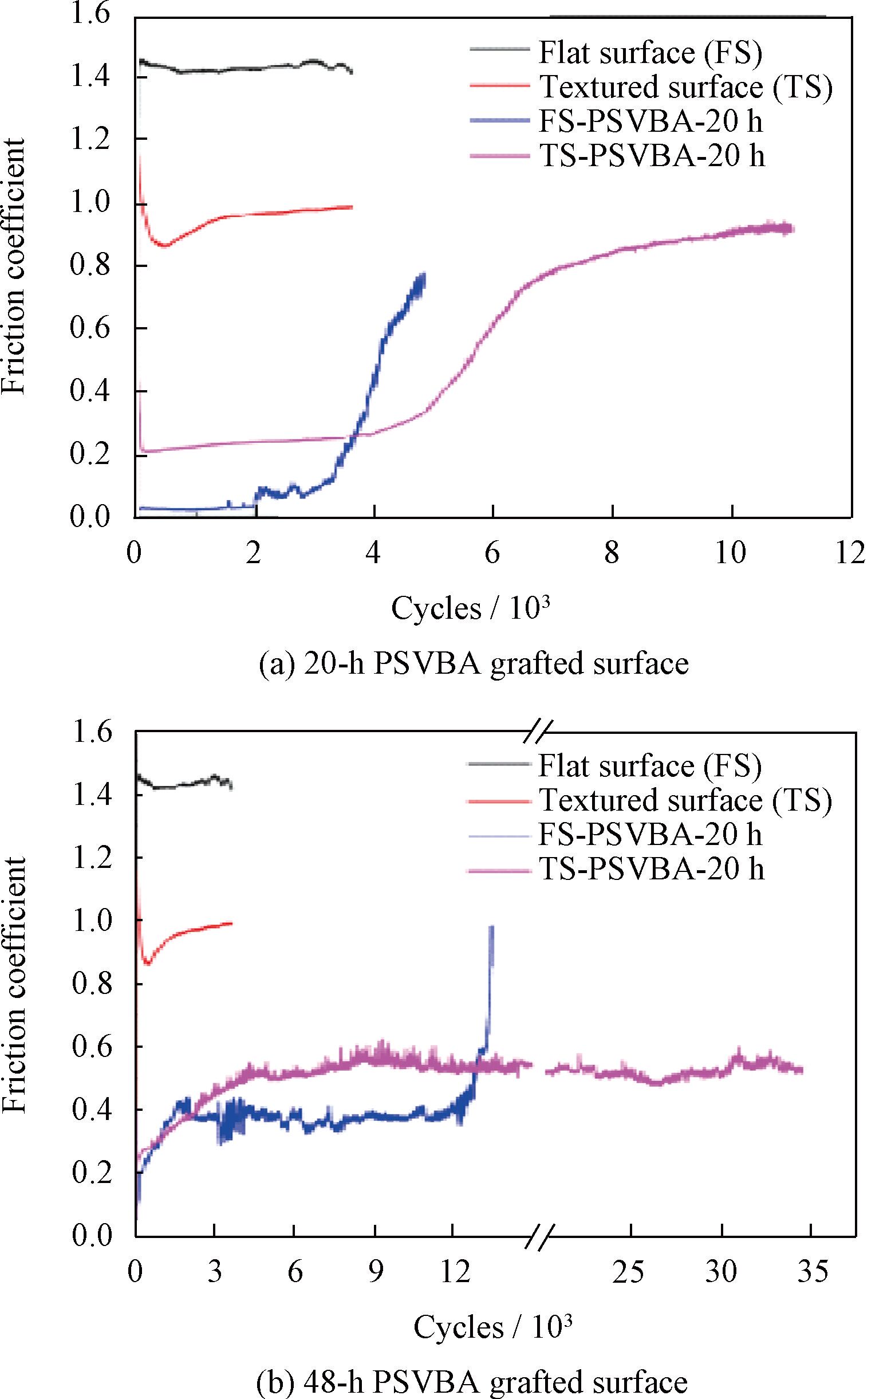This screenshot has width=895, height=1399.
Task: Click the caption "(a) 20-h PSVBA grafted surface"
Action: tap(474, 663)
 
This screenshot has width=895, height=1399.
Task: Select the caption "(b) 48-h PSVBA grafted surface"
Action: tap(472, 1381)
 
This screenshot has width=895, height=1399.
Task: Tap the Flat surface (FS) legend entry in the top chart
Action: tap(650, 52)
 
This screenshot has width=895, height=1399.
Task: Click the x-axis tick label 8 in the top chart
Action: tap(612, 553)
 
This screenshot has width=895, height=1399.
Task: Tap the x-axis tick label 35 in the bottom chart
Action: tap(813, 1273)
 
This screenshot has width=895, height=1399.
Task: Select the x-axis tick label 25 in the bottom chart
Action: tap(630, 1273)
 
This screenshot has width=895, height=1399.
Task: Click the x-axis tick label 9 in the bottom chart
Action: tap(376, 1273)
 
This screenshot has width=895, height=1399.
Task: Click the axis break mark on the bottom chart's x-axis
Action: tap(538, 1236)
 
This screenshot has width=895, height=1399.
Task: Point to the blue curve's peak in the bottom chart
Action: tap(492, 926)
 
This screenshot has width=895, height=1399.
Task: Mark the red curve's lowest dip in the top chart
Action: tap(165, 245)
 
